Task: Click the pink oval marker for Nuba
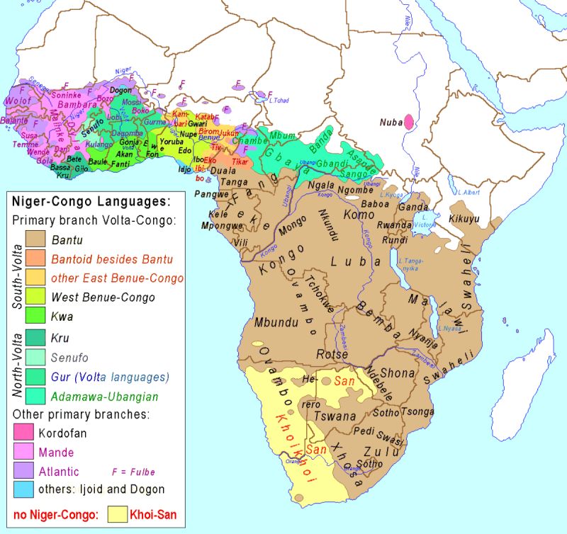coord(408,122)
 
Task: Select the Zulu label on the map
coord(378,451)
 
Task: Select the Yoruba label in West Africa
coord(172,142)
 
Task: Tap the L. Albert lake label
coord(470,192)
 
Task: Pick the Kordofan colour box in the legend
coord(23,431)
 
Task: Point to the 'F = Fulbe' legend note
coord(134,471)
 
